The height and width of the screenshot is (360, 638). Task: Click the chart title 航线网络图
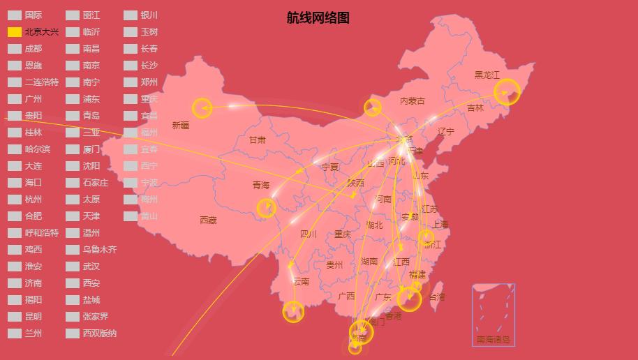[318, 18]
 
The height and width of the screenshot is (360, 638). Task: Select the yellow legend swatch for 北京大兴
[15, 32]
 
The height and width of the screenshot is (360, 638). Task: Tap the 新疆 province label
[180, 126]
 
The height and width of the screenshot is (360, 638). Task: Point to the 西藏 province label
[208, 220]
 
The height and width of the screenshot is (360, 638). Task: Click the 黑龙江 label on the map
[487, 75]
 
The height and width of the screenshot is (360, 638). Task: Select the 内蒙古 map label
[412, 101]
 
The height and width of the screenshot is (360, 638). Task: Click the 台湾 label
[436, 297]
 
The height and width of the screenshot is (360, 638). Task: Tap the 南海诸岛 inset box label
[494, 340]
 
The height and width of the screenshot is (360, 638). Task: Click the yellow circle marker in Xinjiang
[202, 107]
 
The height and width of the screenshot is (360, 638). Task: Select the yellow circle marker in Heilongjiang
[507, 92]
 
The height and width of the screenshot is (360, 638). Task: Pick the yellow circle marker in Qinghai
[266, 208]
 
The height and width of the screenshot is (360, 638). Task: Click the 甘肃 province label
[257, 140]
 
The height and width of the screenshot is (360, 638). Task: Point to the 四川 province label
[308, 234]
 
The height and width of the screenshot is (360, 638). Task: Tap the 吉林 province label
[475, 108]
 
